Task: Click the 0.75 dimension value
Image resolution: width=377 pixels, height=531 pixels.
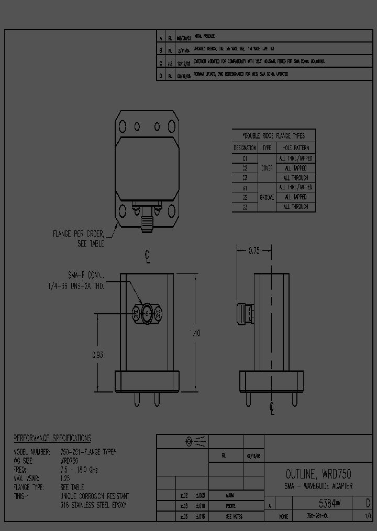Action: pyautogui.click(x=253, y=251)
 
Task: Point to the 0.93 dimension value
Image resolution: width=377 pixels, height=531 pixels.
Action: pyautogui.click(x=97, y=355)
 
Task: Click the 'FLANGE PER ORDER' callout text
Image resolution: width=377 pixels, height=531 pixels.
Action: pyautogui.click(x=78, y=234)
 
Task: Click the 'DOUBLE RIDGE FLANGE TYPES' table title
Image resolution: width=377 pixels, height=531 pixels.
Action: pyautogui.click(x=274, y=135)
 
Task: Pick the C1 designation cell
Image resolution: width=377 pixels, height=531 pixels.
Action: pyautogui.click(x=245, y=158)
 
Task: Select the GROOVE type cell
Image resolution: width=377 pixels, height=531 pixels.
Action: pyautogui.click(x=267, y=197)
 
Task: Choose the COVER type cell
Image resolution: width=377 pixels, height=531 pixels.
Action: pyautogui.click(x=267, y=168)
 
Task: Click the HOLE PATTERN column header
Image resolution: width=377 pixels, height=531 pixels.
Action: pyautogui.click(x=296, y=148)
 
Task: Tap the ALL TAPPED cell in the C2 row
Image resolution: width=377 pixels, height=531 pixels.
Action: pyautogui.click(x=296, y=168)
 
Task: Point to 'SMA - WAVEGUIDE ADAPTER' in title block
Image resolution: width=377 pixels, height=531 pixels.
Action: pyautogui.click(x=318, y=486)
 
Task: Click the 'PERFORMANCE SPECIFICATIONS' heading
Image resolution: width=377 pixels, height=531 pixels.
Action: pyautogui.click(x=52, y=438)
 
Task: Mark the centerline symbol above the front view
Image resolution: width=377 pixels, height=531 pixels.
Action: pyautogui.click(x=148, y=257)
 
